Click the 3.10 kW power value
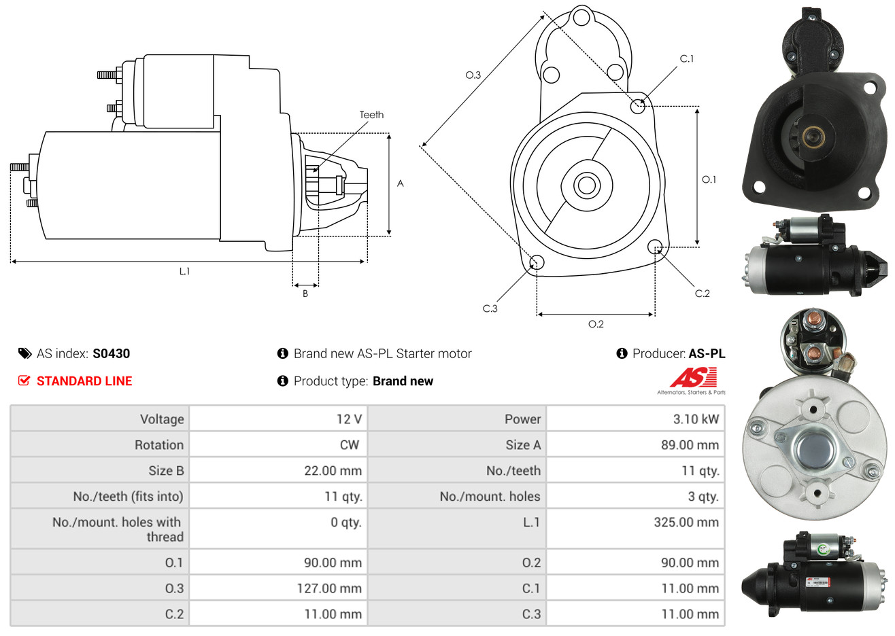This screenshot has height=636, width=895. coord(696,419)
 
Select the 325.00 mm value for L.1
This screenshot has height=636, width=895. coord(686,522)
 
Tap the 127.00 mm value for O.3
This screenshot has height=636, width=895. coord(329,588)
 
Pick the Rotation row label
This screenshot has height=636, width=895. coord(159,445)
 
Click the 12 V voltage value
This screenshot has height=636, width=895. coord(349,419)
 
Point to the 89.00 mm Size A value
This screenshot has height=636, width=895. coord(690,445)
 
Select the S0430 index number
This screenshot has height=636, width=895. coord(111,353)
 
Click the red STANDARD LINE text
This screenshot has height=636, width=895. coord(84,381)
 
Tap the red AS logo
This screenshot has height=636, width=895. coord(693,377)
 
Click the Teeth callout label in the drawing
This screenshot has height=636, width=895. coord(371,115)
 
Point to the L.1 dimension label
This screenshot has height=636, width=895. coord(184,272)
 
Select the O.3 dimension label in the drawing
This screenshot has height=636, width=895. coord(473,75)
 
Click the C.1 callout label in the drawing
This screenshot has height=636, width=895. coord(686,58)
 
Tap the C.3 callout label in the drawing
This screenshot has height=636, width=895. coord(490,308)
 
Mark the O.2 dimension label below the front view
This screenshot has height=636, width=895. coord(596,324)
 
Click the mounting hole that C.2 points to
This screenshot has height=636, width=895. coord(655,247)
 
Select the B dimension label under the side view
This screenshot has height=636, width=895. coord(305,294)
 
